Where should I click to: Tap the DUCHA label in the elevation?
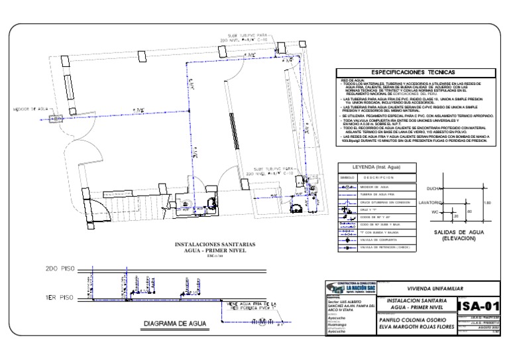435,188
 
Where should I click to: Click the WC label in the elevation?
436,212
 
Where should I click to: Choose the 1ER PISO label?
59,296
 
